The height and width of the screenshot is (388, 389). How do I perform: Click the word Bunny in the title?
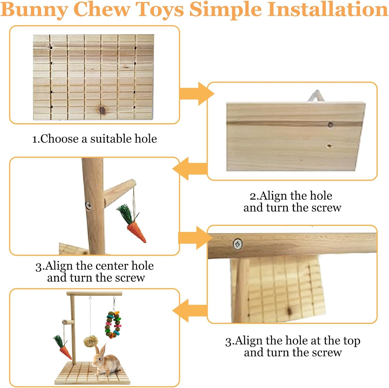pos(34,10)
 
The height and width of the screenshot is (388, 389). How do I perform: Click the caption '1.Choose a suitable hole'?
pos(94,139)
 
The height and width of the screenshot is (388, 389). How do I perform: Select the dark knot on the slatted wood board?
pos(102,110)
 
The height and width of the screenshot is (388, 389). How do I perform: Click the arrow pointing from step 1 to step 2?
pos(197,94)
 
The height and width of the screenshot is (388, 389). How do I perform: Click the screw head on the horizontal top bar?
pos(238,244)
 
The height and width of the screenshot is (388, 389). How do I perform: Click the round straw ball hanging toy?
pos(90,341)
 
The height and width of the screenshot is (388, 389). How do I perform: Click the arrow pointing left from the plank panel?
pos(190,169)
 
